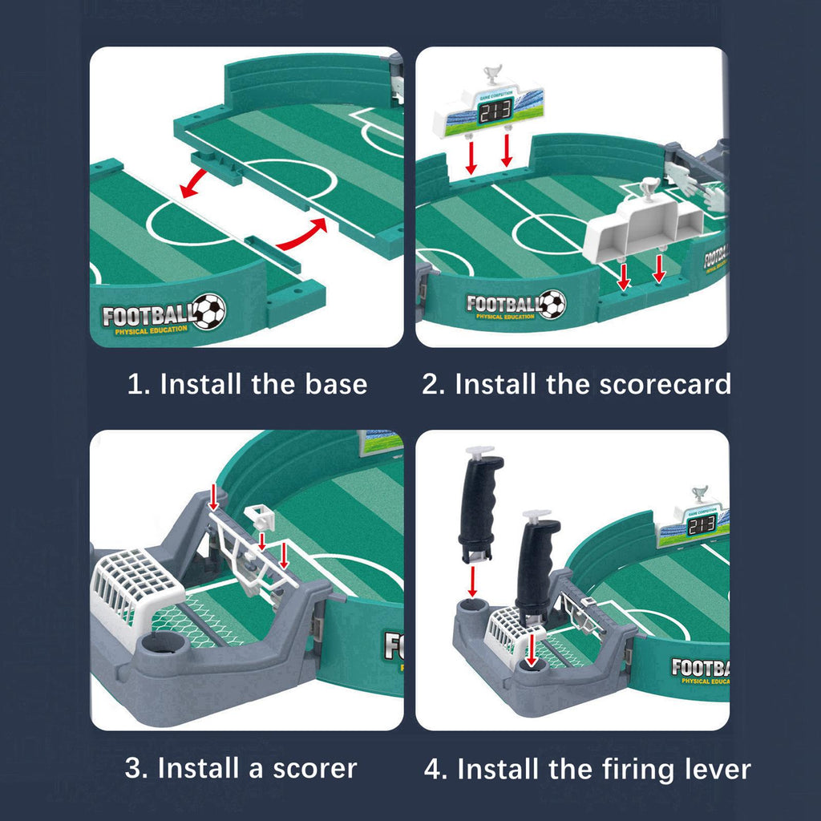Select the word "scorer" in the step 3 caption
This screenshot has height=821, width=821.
click(x=315, y=768)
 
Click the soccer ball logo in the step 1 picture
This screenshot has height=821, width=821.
click(x=209, y=311)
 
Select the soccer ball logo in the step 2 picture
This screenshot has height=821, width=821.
click(x=552, y=304)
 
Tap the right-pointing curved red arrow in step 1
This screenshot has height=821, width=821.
click(x=302, y=233)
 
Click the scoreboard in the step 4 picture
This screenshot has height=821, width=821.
click(x=694, y=526)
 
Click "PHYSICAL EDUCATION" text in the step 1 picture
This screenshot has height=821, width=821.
click(x=151, y=330)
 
